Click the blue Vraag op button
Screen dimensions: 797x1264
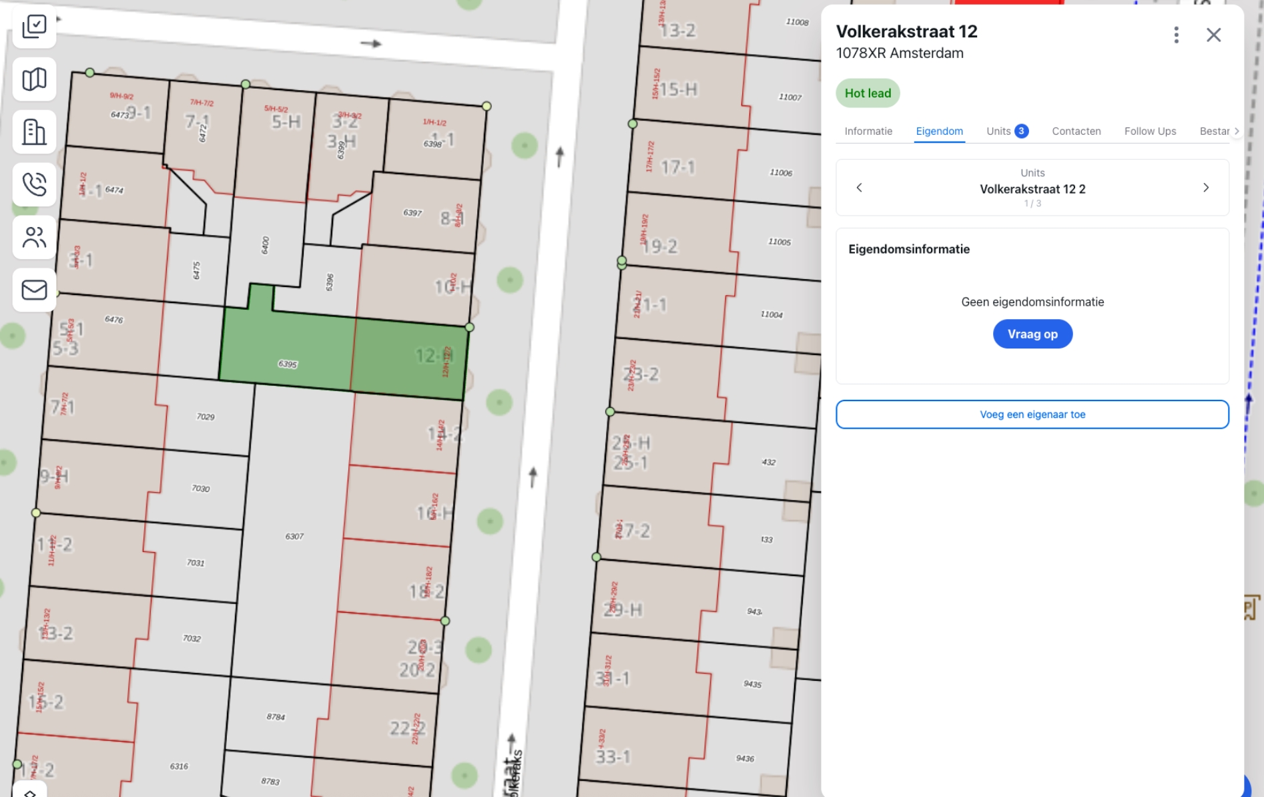pyautogui.click(x=1032, y=334)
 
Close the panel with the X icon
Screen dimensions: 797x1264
pyautogui.click(x=1213, y=35)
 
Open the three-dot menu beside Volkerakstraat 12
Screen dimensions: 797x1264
pyautogui.click(x=1176, y=35)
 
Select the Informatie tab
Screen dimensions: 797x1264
pyautogui.click(x=868, y=131)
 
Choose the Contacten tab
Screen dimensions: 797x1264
pyautogui.click(x=1076, y=131)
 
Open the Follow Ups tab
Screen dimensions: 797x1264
pyautogui.click(x=1150, y=131)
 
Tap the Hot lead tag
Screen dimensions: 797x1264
pyautogui.click(x=868, y=93)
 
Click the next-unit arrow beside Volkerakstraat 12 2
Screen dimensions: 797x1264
pyautogui.click(x=1205, y=188)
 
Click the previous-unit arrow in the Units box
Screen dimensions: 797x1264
pyautogui.click(x=860, y=188)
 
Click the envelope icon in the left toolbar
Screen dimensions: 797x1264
pyautogui.click(x=34, y=290)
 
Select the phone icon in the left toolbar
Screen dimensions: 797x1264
pyautogui.click(x=34, y=184)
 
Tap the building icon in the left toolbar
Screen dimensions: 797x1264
pyautogui.click(x=34, y=131)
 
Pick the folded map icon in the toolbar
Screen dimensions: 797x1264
pyautogui.click(x=34, y=79)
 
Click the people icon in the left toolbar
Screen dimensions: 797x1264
pyautogui.click(x=34, y=237)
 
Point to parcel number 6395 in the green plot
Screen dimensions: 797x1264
pyautogui.click(x=288, y=364)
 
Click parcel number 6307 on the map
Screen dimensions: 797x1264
pyautogui.click(x=294, y=536)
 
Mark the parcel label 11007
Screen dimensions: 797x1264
pyautogui.click(x=789, y=97)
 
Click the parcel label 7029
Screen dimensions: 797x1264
pyautogui.click(x=206, y=417)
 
